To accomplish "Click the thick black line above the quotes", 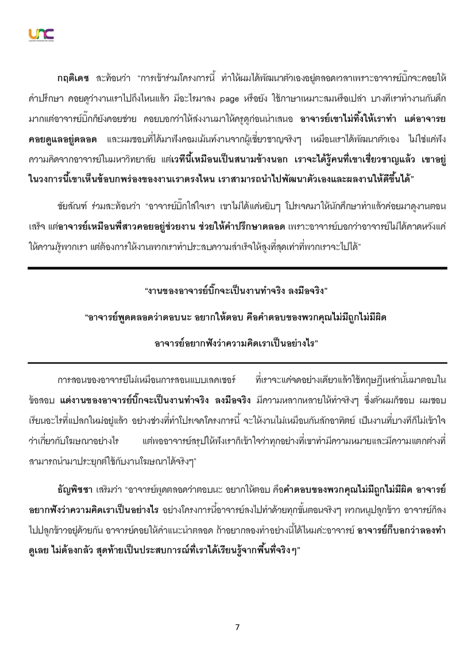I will pos(237,268).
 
